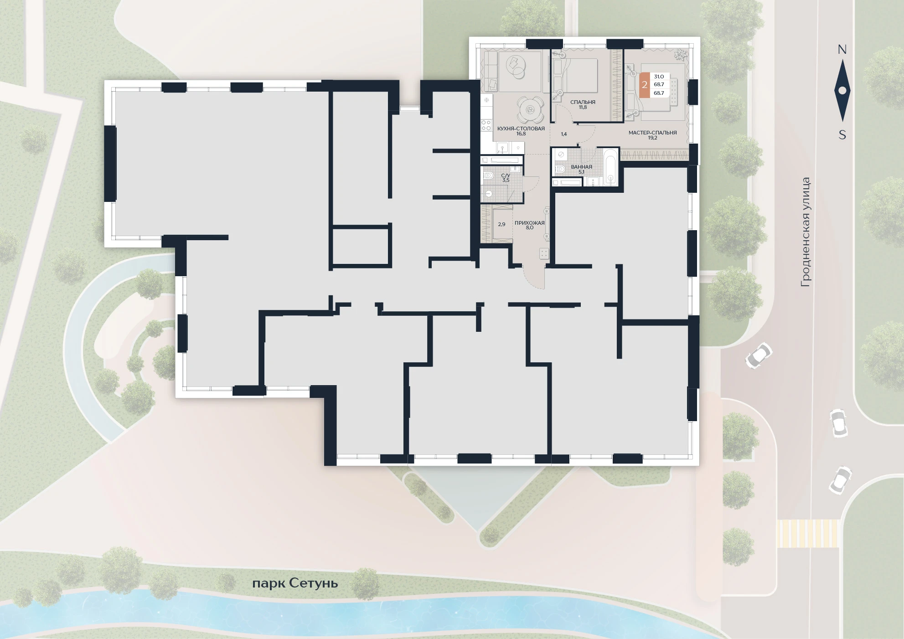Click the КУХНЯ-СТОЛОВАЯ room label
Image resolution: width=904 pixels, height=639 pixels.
point(521,129)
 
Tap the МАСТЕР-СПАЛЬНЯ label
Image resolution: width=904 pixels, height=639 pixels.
point(652,133)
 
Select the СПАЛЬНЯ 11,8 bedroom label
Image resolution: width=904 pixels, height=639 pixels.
point(583,105)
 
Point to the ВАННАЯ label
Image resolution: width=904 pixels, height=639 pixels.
point(581,167)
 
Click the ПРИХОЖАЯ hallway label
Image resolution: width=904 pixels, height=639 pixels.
point(529,223)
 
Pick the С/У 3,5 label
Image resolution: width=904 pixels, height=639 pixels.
point(506,178)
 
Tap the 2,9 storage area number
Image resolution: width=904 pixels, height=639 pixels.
point(501,224)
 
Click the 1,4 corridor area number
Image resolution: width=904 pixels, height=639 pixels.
point(564,134)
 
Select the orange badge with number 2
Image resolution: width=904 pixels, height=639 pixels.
point(645,85)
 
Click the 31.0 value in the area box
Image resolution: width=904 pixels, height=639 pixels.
point(659,77)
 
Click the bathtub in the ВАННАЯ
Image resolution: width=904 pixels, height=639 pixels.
point(610,168)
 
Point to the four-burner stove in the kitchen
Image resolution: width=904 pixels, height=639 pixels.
point(486,125)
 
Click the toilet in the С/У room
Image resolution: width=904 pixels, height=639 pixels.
point(488,175)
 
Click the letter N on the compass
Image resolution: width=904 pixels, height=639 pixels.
point(842,50)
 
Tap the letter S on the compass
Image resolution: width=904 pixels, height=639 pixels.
point(842,135)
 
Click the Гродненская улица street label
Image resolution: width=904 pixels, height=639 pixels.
point(806,232)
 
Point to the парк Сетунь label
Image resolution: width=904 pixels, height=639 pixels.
point(295,583)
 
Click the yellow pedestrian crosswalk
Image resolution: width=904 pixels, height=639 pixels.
point(808,533)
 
